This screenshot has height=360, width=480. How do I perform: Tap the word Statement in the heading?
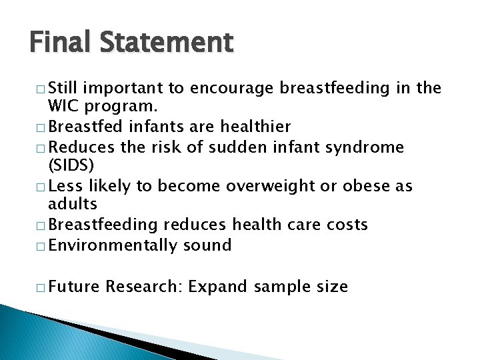[x=167, y=43]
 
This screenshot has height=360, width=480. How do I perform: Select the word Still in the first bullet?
[x=66, y=87]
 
